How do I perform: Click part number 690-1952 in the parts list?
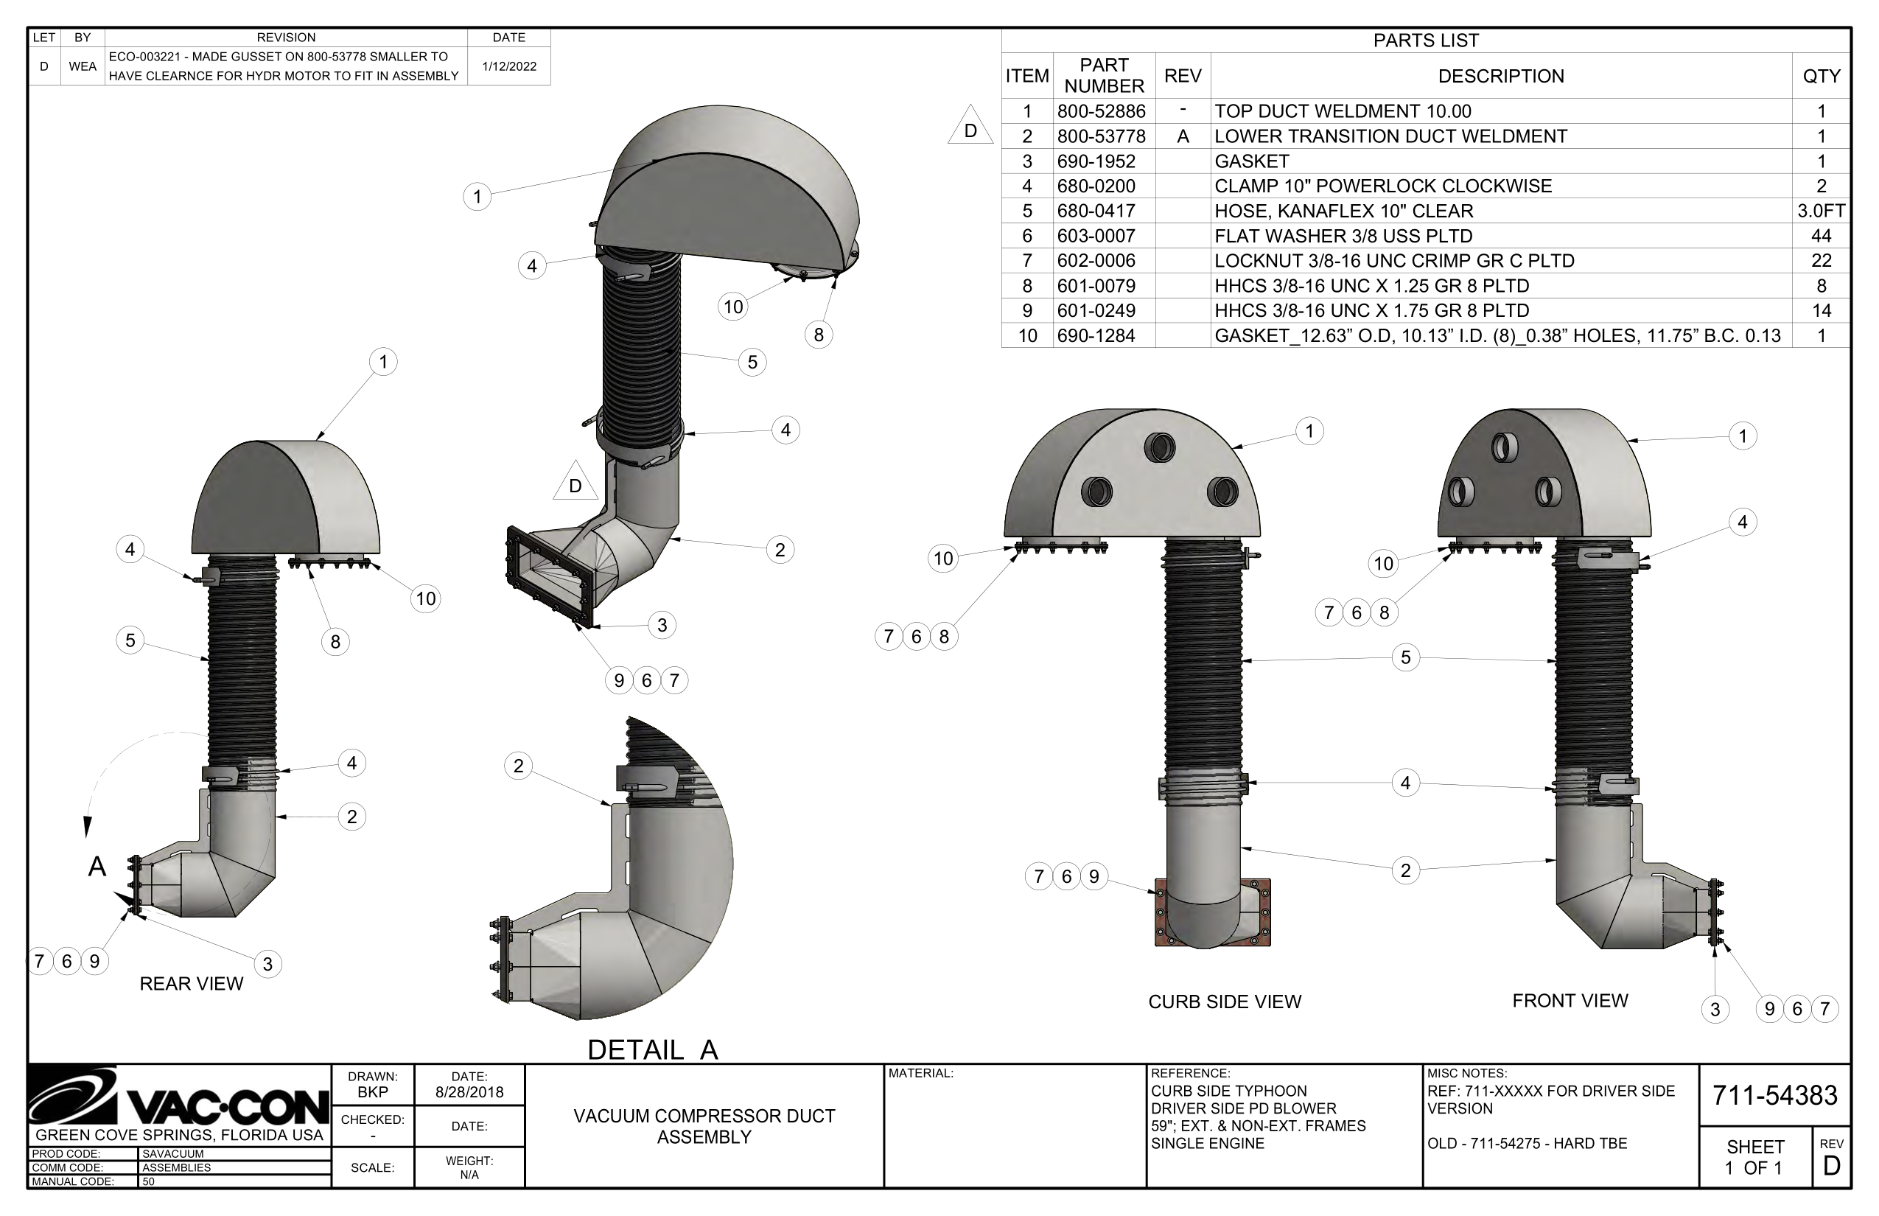tap(1096, 161)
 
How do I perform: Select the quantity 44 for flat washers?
tap(1821, 235)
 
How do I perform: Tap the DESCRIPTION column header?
tap(1500, 76)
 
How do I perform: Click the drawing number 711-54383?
tap(1774, 1095)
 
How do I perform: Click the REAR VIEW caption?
tap(191, 984)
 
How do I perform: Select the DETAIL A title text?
tap(653, 1049)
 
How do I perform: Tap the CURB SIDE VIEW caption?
tap(1225, 1002)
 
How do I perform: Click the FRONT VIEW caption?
tap(1570, 1001)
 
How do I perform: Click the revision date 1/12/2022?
tap(509, 66)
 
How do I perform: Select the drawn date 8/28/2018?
tap(469, 1092)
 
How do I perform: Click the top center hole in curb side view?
tap(1159, 448)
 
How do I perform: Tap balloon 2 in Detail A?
tap(518, 765)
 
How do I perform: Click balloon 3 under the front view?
tap(1714, 1009)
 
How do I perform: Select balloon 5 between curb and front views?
tap(1405, 657)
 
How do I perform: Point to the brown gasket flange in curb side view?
tap(1159, 916)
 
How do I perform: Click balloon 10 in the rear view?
tap(426, 598)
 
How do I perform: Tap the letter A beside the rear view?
tap(97, 867)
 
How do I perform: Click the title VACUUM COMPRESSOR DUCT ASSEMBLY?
tap(704, 1126)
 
